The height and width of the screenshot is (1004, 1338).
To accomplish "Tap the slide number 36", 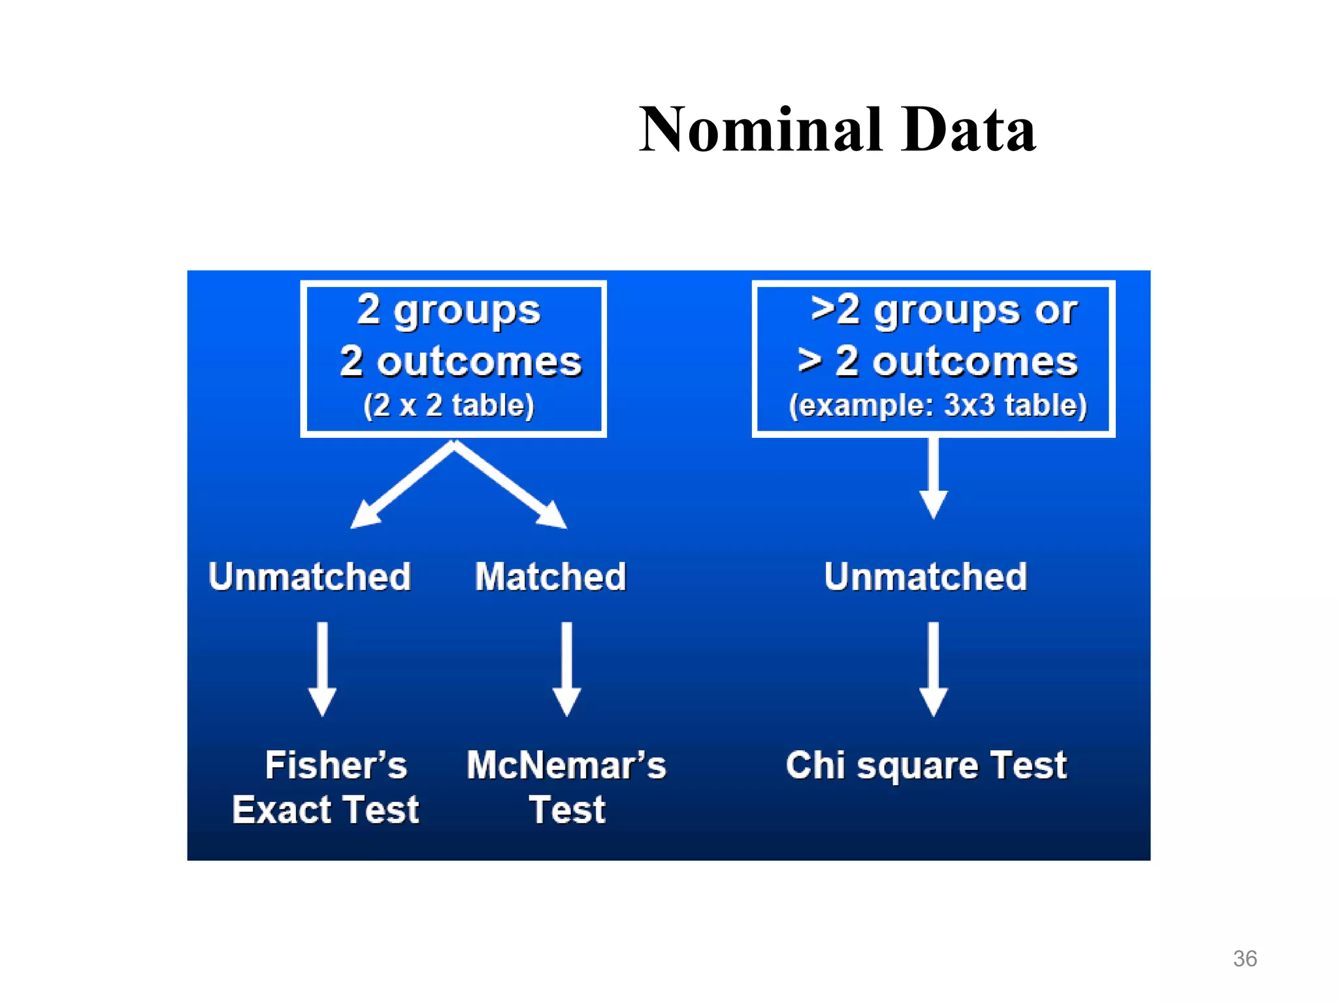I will click(x=1245, y=958).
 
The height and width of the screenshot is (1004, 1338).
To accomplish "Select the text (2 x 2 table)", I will click(x=449, y=405).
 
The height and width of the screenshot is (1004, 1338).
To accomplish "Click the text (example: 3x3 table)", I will click(x=938, y=405).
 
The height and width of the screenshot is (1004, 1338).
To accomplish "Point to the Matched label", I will click(x=550, y=577).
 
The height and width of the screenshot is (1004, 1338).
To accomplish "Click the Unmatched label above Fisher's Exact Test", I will click(x=310, y=577).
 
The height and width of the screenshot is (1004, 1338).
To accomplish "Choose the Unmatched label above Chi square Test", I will click(x=925, y=577).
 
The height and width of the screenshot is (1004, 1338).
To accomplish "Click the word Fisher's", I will click(x=336, y=765).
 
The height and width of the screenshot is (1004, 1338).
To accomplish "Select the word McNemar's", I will click(x=566, y=765).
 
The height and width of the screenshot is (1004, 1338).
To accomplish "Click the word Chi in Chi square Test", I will click(x=816, y=765).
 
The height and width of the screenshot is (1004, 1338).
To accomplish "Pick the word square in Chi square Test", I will click(x=917, y=766).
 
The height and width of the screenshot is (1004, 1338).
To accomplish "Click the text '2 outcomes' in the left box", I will click(x=461, y=361).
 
